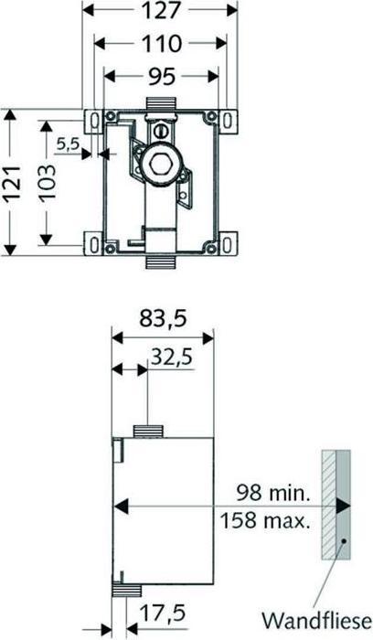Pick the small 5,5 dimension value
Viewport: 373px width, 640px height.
[x=68, y=144]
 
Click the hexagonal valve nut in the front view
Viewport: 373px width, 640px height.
[x=163, y=165]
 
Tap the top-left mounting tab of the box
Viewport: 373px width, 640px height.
[x=94, y=118]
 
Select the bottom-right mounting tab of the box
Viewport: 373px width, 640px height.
[x=225, y=244]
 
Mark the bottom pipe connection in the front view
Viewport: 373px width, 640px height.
[x=162, y=260]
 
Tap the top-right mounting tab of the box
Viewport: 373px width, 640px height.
[x=225, y=118]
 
